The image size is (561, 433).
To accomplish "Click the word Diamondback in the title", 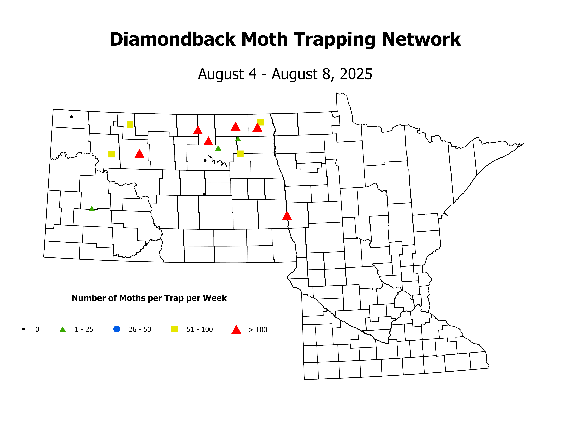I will coord(172,40).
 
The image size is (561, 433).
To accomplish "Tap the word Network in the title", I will coord(421,40).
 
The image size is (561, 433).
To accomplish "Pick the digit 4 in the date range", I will coord(253,74).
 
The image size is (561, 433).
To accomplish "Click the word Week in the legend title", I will coord(215,298).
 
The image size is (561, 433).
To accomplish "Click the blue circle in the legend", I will coord(117,329).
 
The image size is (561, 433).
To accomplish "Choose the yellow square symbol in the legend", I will coord(174,329).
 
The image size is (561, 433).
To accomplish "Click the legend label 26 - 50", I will coord(140,329).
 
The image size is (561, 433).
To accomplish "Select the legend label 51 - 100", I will coord(200,329).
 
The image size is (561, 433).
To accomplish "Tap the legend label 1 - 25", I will coord(84,329).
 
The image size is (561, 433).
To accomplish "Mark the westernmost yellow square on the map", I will coord(112,154).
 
